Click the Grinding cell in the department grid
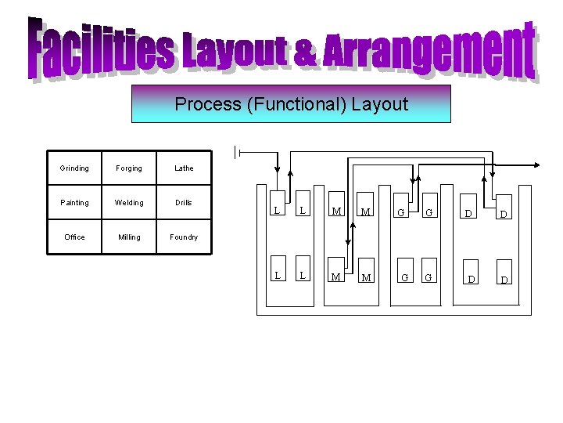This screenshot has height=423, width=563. [74, 168]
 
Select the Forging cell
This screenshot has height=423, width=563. [129, 168]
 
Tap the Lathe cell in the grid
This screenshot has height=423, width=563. [184, 168]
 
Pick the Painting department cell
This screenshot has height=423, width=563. [74, 203]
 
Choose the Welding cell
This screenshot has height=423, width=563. [129, 203]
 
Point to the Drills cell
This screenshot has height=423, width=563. [184, 203]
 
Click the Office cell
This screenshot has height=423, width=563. [74, 237]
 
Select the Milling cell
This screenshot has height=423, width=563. [129, 237]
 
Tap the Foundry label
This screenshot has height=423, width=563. [184, 237]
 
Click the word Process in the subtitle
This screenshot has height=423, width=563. [207, 104]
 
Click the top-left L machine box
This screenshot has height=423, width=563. [277, 210]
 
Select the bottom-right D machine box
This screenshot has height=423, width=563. [504, 279]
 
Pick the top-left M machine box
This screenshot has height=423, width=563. [336, 210]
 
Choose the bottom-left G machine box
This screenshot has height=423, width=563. [403, 277]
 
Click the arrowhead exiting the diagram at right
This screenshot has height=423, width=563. [539, 167]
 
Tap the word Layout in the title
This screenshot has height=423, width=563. [234, 51]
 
